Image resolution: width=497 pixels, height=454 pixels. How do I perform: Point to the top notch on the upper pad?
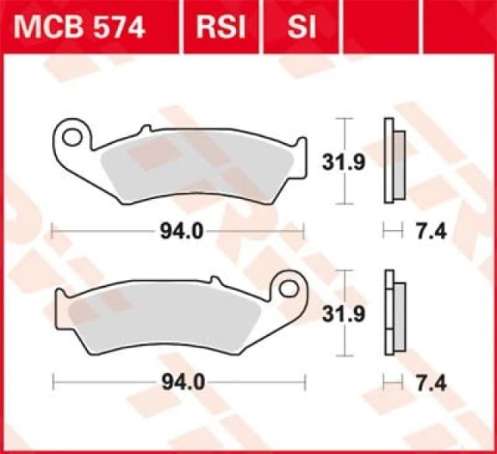tap(144, 129)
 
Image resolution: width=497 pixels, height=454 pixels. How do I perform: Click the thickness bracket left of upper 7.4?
tap(394, 231)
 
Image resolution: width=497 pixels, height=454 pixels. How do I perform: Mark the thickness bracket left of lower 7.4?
tap(394, 382)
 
